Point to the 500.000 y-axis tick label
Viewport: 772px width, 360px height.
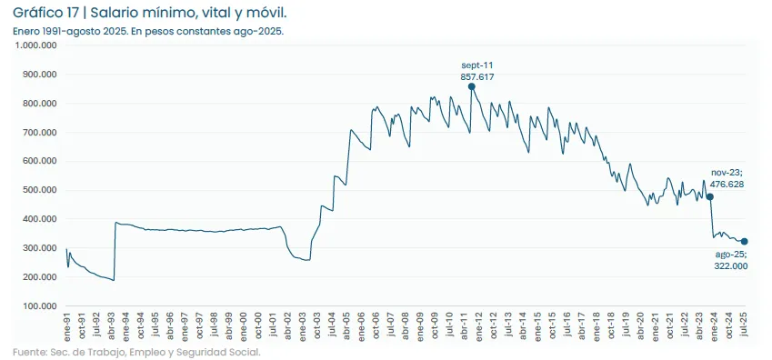click(39, 190)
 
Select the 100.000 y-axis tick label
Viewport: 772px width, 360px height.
click(39, 306)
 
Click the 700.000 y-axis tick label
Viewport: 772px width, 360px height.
click(39, 133)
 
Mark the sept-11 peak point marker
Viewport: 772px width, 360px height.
click(471, 86)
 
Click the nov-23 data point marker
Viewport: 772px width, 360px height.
click(709, 196)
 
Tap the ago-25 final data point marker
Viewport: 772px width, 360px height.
click(745, 242)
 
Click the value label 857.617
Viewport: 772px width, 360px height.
click(477, 77)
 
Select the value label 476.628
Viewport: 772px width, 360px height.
click(727, 185)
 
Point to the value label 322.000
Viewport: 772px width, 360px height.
click(729, 265)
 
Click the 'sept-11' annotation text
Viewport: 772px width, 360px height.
click(477, 65)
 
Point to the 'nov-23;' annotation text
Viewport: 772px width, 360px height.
click(727, 172)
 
